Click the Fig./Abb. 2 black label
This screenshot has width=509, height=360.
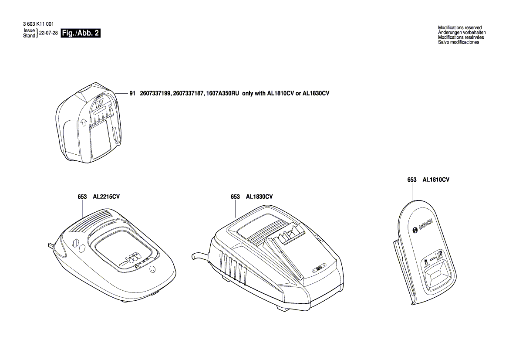coord(81,34)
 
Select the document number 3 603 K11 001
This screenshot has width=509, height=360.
coord(37,24)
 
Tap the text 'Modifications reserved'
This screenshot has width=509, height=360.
coord(460,28)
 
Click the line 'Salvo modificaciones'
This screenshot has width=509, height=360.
coord(458,42)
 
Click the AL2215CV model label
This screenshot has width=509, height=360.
coord(106,197)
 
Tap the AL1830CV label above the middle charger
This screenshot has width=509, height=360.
coord(260,197)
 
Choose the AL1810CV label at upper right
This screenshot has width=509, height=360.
coord(436,180)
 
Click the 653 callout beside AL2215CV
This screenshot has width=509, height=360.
coord(83,197)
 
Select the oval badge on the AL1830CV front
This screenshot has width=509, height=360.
coord(317,269)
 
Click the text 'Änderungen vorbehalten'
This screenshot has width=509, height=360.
coord(462,33)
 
